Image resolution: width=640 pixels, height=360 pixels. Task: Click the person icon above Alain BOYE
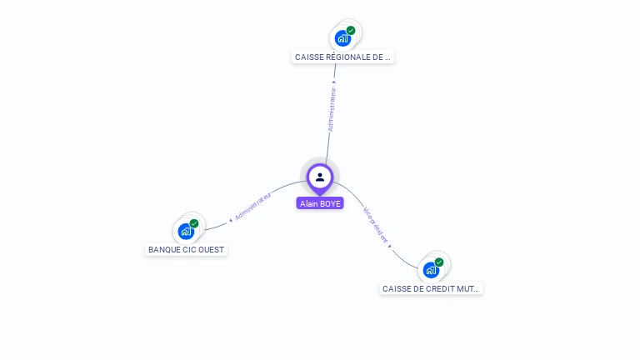pyautogui.click(x=320, y=177)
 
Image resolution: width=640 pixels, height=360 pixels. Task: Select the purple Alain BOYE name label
pyautogui.click(x=320, y=203)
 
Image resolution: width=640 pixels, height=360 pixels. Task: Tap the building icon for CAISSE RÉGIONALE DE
pyautogui.click(x=342, y=38)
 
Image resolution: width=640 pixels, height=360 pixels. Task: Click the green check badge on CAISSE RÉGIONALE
pyautogui.click(x=351, y=31)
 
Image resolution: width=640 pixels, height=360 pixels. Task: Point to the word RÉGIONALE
pyautogui.click(x=347, y=57)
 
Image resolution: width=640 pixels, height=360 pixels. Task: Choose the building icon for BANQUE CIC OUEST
pyautogui.click(x=185, y=231)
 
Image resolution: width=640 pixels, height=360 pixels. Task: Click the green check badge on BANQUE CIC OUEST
pyautogui.click(x=194, y=223)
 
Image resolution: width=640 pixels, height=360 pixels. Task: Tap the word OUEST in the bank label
pyautogui.click(x=212, y=250)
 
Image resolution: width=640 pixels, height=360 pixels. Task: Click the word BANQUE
pyautogui.click(x=162, y=250)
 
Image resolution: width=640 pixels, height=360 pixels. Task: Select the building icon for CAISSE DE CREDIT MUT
pyautogui.click(x=430, y=270)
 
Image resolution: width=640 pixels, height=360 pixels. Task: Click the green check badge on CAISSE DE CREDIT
pyautogui.click(x=439, y=262)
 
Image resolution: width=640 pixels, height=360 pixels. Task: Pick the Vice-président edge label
pyautogui.click(x=376, y=224)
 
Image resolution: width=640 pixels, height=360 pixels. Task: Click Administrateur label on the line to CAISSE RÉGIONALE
pyautogui.click(x=332, y=109)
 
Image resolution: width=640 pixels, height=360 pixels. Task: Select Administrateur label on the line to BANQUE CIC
pyautogui.click(x=253, y=206)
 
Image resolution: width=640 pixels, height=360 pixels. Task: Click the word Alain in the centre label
pyautogui.click(x=310, y=203)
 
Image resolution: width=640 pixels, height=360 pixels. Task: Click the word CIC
pyautogui.click(x=189, y=250)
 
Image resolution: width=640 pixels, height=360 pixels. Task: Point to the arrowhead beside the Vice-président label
pyautogui.click(x=389, y=247)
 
